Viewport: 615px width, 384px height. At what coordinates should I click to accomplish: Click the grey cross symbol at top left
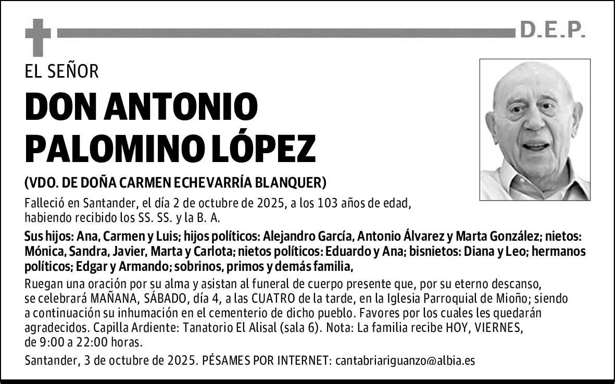(38, 36)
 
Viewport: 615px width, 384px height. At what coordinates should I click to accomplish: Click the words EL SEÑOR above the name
(61, 71)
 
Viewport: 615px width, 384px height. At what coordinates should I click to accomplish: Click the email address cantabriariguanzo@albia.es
(405, 361)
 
